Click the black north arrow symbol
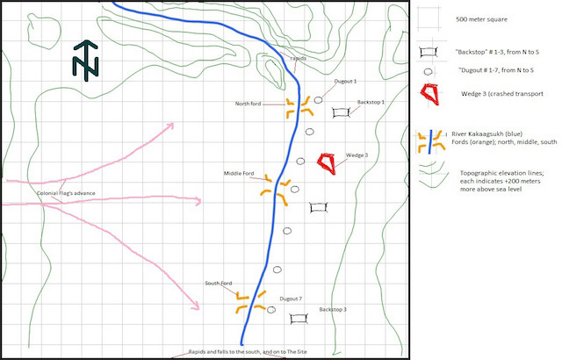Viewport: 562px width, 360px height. (87, 59)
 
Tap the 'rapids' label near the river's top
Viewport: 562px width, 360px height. (298, 58)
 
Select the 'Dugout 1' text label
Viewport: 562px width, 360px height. (345, 82)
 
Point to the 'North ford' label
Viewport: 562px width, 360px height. (251, 104)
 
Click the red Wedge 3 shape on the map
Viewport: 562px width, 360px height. (327, 162)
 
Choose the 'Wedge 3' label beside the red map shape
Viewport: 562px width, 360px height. (357, 155)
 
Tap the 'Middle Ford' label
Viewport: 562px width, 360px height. (240, 174)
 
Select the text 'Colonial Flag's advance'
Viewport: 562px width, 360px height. (66, 193)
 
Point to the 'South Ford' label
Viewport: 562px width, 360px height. (219, 283)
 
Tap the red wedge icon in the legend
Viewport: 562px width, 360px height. (430, 93)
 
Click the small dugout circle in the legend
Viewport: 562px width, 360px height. (429, 71)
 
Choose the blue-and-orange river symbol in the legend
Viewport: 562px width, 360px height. (429, 140)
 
